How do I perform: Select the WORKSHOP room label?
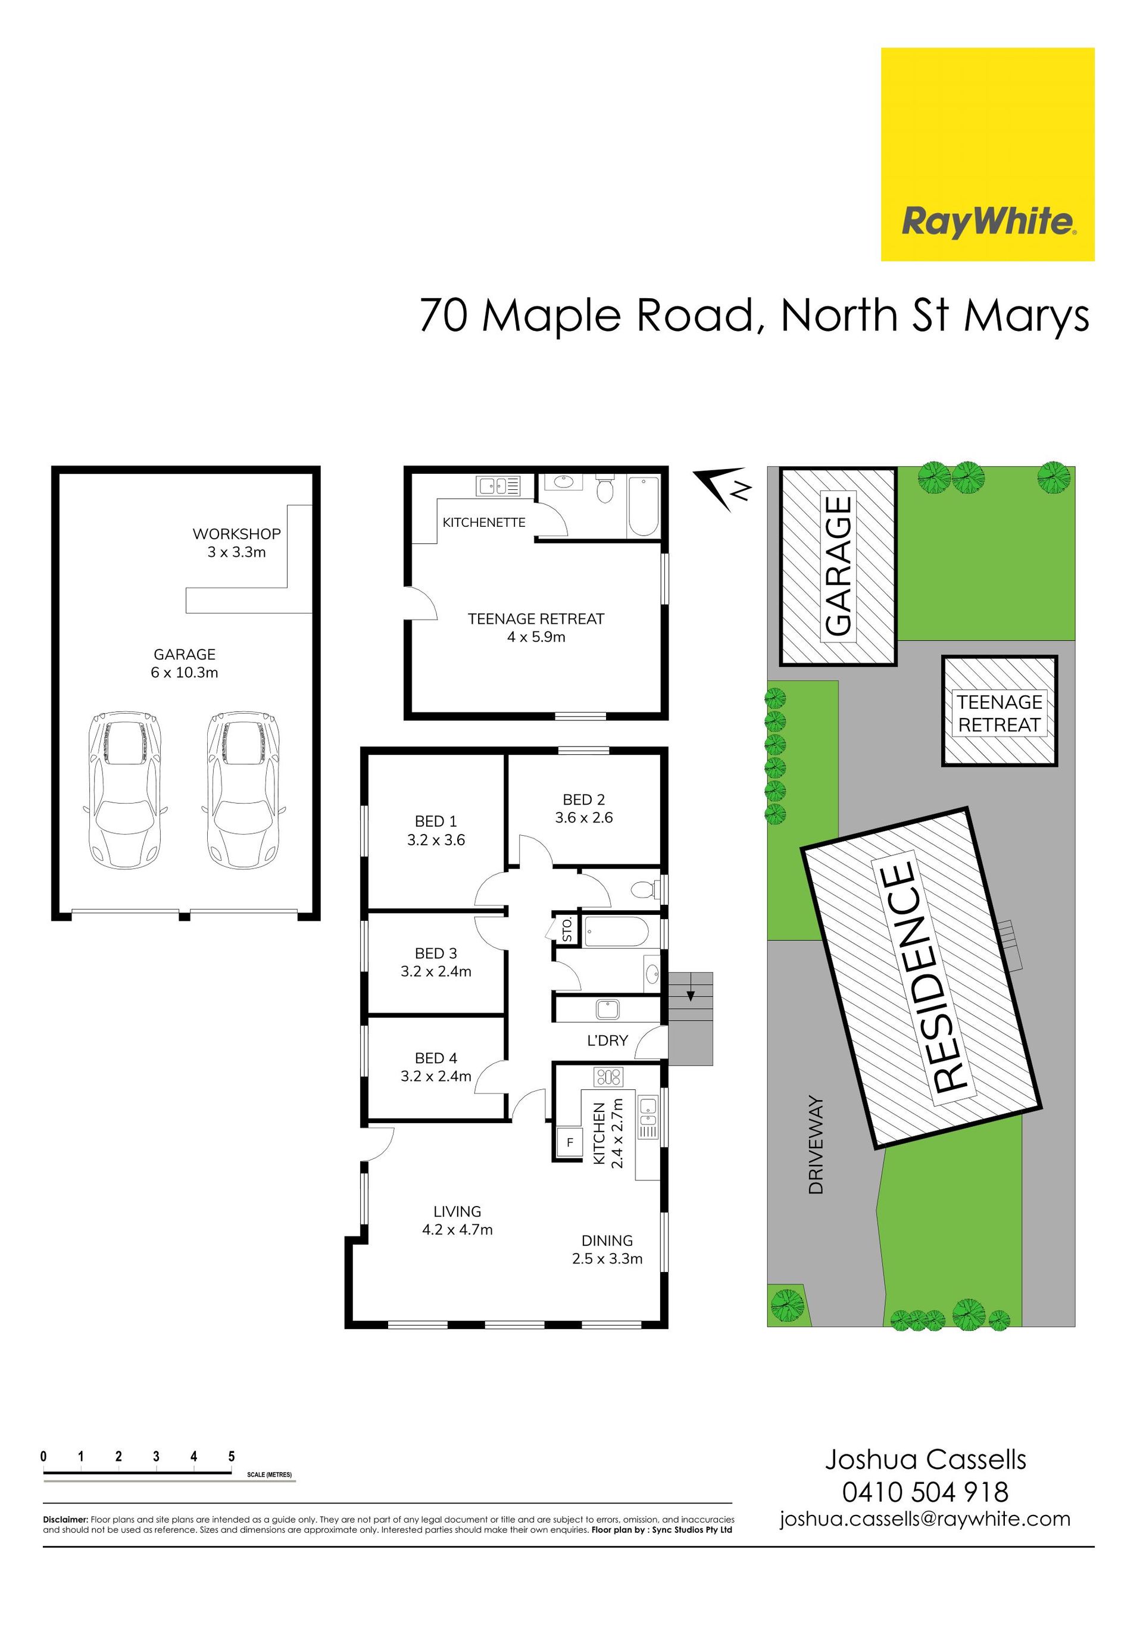[x=237, y=534]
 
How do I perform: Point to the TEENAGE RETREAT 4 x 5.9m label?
[x=536, y=627]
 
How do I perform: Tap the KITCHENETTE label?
[x=483, y=523]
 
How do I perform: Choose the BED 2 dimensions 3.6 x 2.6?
[x=583, y=817]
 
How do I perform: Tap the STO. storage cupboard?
[x=567, y=929]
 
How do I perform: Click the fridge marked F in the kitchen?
[x=569, y=1142]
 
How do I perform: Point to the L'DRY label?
[x=607, y=1040]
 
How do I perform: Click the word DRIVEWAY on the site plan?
[x=816, y=1145]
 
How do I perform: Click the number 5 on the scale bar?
[x=231, y=1457]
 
